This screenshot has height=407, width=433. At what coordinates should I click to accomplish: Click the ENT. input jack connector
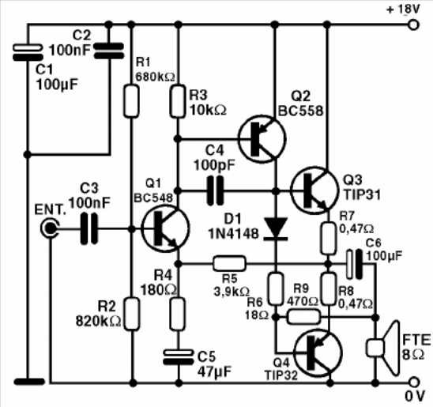pos(51,230)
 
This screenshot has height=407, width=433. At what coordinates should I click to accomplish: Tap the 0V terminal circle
pos(412,382)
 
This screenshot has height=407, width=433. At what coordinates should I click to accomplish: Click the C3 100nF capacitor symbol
pos(89,230)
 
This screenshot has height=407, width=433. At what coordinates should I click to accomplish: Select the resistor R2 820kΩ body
pos(133,315)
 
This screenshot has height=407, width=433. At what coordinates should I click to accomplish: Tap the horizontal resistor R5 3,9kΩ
pos(230,262)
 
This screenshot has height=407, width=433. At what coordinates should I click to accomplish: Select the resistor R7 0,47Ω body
pos(326,236)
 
